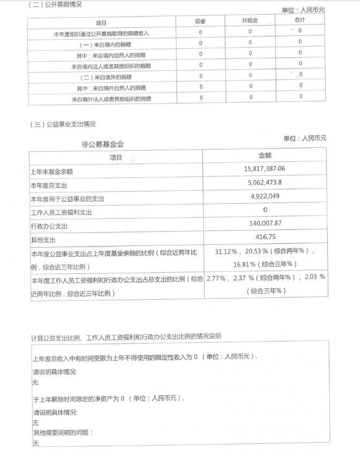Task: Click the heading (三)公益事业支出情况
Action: click(x=63, y=124)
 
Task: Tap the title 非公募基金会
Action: click(x=102, y=144)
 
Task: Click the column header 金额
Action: click(x=266, y=155)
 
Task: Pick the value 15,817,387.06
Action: click(x=266, y=169)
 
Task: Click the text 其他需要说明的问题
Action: click(x=63, y=433)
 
